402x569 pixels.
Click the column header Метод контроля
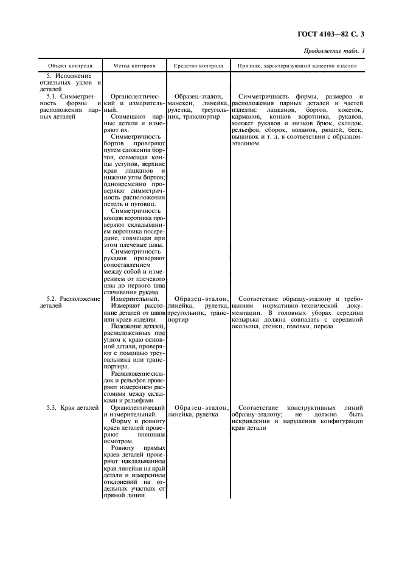[x=134, y=65]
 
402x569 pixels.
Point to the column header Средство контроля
[x=198, y=65]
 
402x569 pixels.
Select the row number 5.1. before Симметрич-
[x=54, y=96]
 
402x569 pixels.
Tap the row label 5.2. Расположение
[x=71, y=298]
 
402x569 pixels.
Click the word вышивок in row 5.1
[x=246, y=136]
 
